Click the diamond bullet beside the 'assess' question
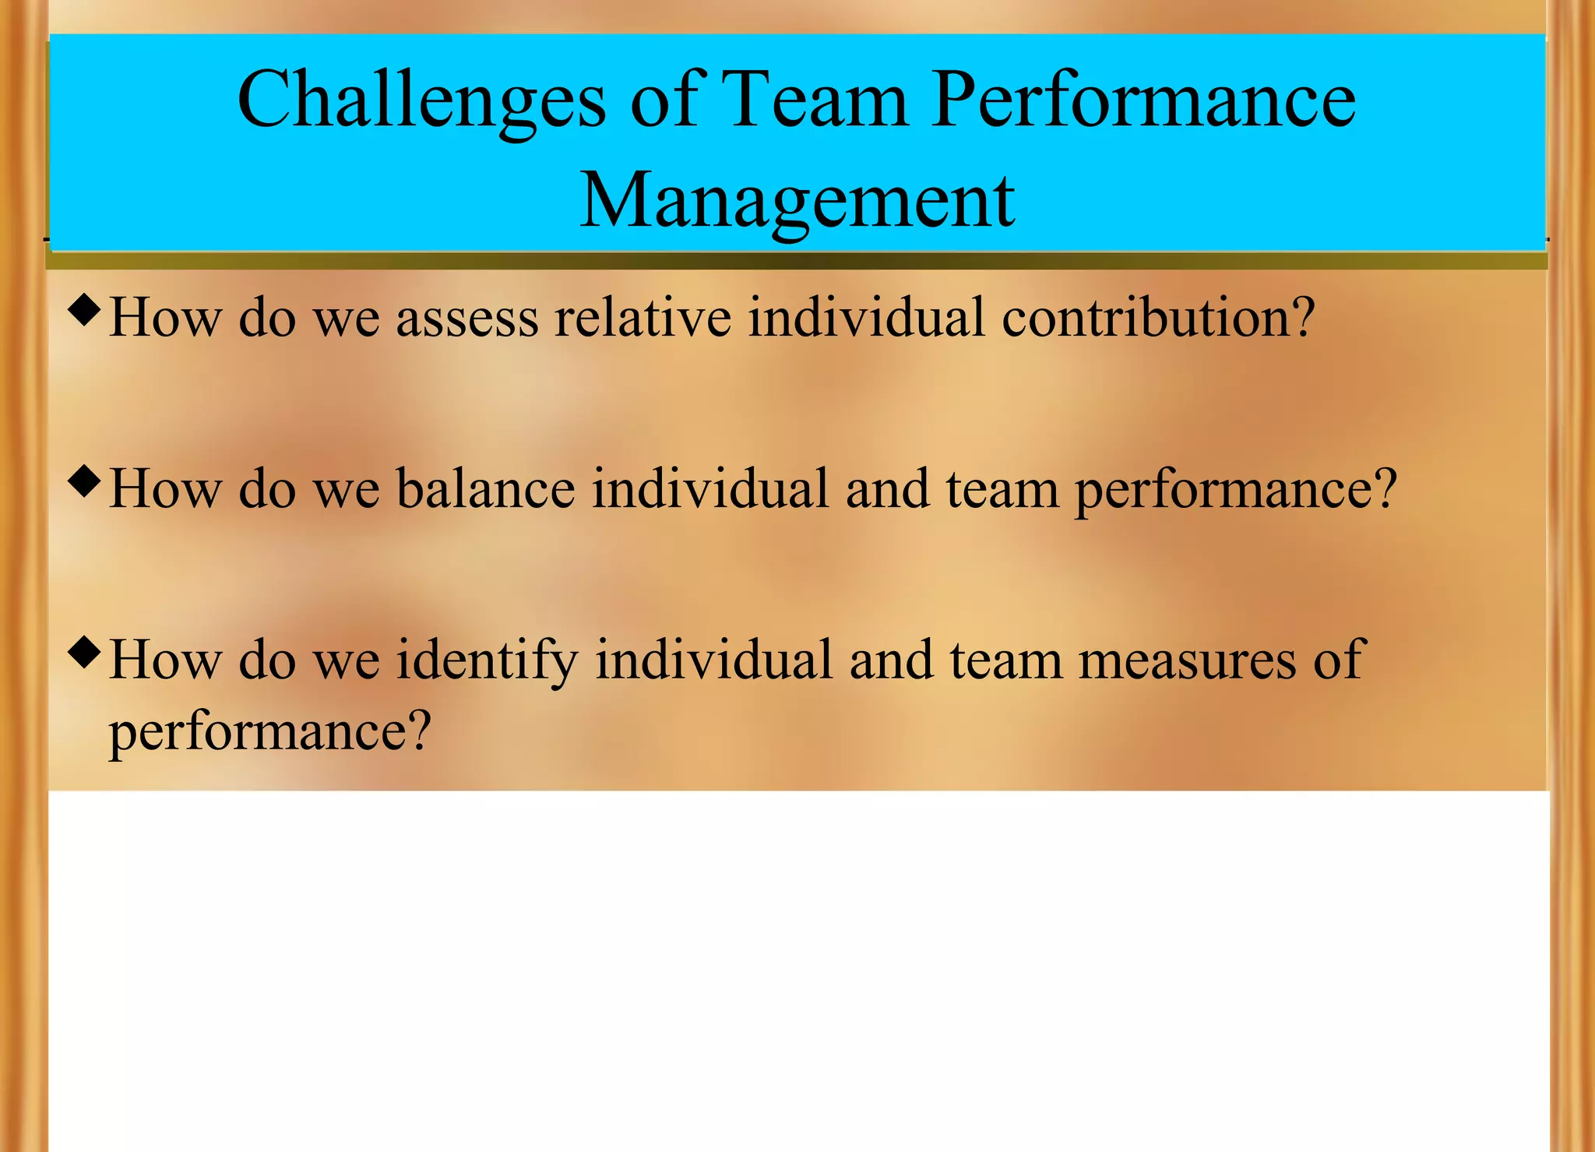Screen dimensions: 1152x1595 (x=84, y=309)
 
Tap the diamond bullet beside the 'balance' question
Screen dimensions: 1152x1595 (x=84, y=481)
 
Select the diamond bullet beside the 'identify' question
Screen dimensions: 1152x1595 (x=84, y=652)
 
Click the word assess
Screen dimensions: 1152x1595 (x=467, y=318)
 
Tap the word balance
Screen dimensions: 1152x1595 (x=485, y=489)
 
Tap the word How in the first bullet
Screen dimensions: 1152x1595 (x=164, y=318)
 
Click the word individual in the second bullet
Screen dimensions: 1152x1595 (x=709, y=489)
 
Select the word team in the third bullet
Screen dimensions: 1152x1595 (x=1005, y=661)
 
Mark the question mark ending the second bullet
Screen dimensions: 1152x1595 (x=1385, y=489)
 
